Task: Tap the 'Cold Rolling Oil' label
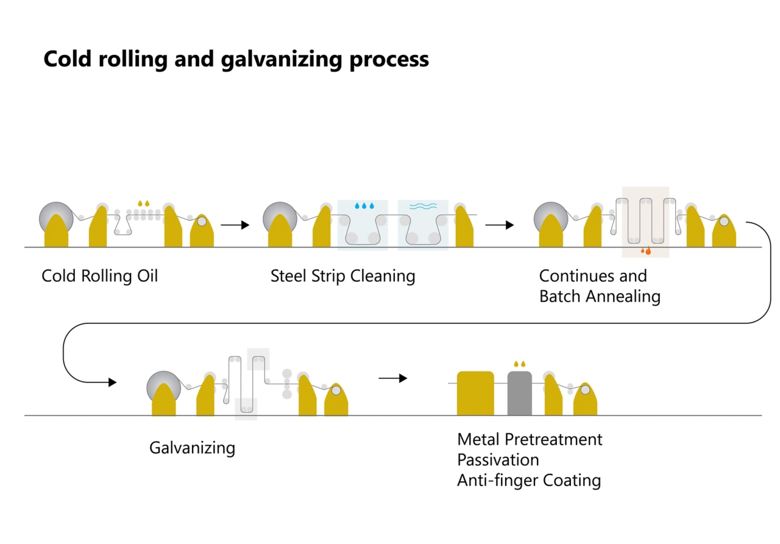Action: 99,276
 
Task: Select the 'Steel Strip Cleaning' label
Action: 342,276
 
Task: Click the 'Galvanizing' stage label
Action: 192,448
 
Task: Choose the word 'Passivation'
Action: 498,459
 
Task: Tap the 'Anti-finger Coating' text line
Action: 529,480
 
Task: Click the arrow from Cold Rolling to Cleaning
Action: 235,225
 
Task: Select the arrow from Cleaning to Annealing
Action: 500,225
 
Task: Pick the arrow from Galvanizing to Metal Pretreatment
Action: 392,378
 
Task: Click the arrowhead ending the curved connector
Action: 112,382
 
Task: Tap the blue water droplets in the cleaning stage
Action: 364,206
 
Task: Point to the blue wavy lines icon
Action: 423,206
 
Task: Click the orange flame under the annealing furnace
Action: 646,250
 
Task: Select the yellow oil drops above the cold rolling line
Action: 143,202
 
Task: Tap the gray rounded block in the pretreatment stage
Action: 519,393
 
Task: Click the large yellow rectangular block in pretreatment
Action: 475,393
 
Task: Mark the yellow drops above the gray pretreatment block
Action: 519,364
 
